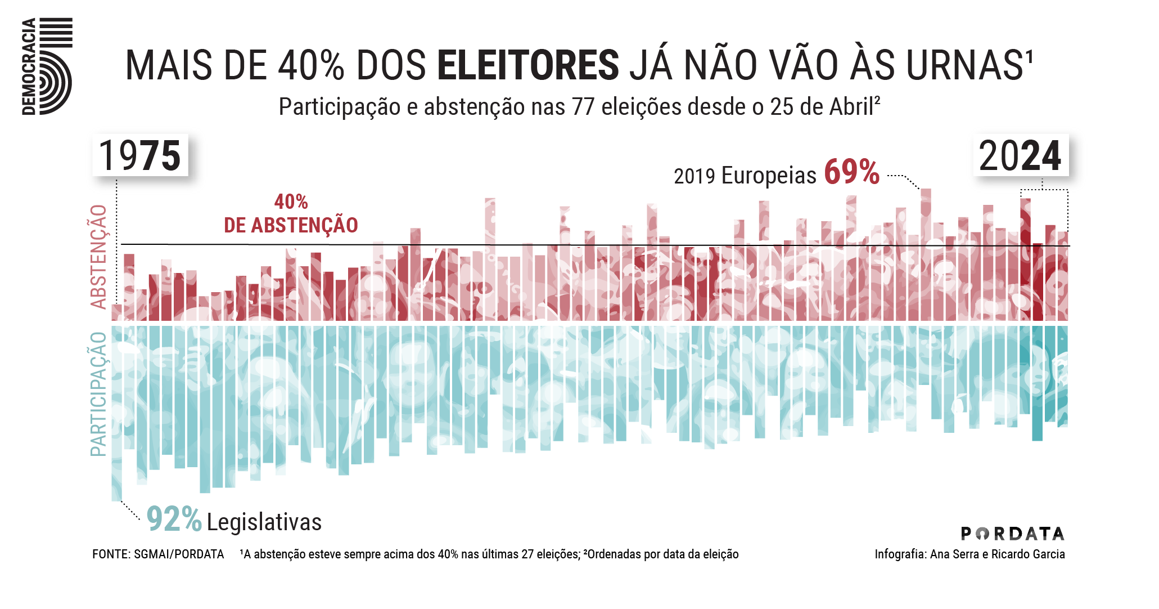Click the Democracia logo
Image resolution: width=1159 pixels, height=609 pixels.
(47, 66)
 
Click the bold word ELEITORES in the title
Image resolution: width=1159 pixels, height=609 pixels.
(527, 66)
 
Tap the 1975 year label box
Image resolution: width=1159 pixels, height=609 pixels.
(140, 156)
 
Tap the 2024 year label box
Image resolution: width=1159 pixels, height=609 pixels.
(1020, 156)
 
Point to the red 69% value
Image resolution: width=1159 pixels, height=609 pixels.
(851, 172)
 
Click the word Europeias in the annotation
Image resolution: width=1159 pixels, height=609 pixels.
(768, 176)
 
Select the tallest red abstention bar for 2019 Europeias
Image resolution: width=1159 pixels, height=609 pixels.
(925, 253)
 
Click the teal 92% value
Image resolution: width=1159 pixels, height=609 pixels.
(173, 519)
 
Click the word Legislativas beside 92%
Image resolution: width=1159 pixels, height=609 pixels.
(264, 522)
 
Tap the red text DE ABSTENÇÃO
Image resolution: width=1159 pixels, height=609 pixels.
(291, 225)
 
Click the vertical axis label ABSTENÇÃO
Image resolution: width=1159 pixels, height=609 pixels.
(99, 257)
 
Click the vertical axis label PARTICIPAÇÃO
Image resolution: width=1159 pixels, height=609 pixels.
(99, 394)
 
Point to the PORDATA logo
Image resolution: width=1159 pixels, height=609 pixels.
(1012, 533)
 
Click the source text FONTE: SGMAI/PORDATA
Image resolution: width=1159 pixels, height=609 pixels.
(158, 554)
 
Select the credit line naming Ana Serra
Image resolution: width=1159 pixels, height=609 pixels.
(969, 554)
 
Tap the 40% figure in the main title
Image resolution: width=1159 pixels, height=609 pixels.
(311, 66)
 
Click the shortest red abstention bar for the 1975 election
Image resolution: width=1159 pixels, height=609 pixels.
(116, 313)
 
